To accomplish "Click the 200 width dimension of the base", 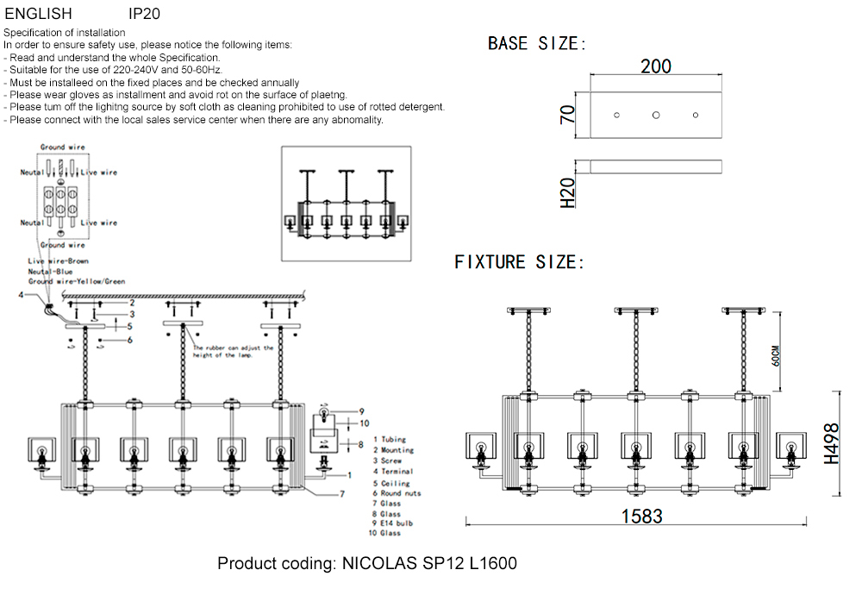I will pyautogui.click(x=656, y=66).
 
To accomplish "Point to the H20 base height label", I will pyautogui.click(x=568, y=193).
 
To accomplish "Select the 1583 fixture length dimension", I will pyautogui.click(x=642, y=516).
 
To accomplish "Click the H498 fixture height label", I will pyautogui.click(x=831, y=443).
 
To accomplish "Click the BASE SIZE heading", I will pyautogui.click(x=537, y=44).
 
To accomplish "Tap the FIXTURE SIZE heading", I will pyautogui.click(x=519, y=262).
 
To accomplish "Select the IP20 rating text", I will pyautogui.click(x=144, y=14).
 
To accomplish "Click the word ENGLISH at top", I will pyautogui.click(x=39, y=14).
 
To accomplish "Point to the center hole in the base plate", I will pyautogui.click(x=656, y=115).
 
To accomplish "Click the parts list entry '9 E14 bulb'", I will pyautogui.click(x=394, y=523).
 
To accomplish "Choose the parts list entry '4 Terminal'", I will pyautogui.click(x=392, y=471).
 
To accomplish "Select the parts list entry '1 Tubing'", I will pyautogui.click(x=389, y=440).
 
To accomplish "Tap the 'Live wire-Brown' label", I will pyautogui.click(x=58, y=260).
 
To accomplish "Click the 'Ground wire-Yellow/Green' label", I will pyautogui.click(x=76, y=281).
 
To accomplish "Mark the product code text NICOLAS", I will pyautogui.click(x=380, y=564).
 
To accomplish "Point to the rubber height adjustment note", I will pyautogui.click(x=233, y=352).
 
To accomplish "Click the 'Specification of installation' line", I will pyautogui.click(x=65, y=33).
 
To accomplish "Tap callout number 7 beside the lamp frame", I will pyautogui.click(x=341, y=494).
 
